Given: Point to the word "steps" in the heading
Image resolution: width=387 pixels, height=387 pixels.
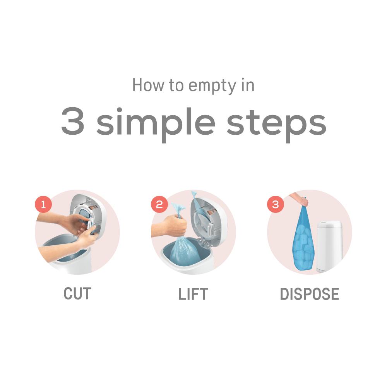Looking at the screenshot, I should click(276, 123).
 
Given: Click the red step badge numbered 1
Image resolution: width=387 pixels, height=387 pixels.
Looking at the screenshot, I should click(43, 204).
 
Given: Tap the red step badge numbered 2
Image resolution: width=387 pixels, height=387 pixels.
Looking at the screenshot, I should click(159, 204).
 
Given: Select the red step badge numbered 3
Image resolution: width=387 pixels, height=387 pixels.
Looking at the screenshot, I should click(275, 204).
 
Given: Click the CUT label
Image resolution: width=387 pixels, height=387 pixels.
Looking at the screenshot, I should click(77, 294).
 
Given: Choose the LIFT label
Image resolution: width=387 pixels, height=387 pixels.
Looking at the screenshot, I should click(193, 294).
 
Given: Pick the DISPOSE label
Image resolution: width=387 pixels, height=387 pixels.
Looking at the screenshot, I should click(309, 294).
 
